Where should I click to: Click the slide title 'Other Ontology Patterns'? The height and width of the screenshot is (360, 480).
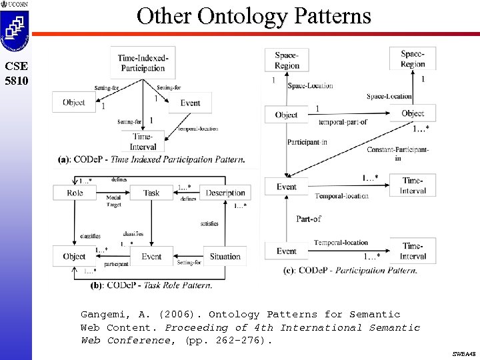(x=253, y=15)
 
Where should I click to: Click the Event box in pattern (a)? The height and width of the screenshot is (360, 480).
(x=189, y=103)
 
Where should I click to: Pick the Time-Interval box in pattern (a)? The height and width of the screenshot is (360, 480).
(x=143, y=142)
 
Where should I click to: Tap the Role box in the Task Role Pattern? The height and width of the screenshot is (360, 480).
(x=75, y=193)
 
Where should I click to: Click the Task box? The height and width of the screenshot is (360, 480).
(x=151, y=193)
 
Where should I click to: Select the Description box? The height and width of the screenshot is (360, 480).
(x=225, y=193)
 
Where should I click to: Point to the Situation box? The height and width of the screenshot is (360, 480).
(x=225, y=257)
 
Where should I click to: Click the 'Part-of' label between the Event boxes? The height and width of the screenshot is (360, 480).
(x=308, y=219)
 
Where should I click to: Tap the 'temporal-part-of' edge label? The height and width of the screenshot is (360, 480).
(x=343, y=122)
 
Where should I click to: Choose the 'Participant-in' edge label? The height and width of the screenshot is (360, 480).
(x=307, y=143)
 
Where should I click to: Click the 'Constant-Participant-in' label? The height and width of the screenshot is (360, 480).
(x=397, y=154)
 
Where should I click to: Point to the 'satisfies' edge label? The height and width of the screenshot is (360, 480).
(x=209, y=224)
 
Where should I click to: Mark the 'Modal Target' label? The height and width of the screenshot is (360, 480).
(x=113, y=201)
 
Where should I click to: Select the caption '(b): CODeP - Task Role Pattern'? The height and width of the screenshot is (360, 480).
(x=151, y=285)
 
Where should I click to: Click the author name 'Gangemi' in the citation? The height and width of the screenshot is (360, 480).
(x=103, y=314)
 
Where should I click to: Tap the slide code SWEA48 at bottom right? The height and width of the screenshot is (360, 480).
(x=463, y=354)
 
